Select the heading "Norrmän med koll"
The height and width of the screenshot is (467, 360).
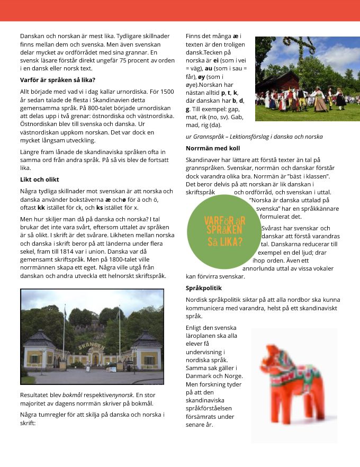[x=213, y=148]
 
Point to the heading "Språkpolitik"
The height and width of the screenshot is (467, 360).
[x=204, y=288]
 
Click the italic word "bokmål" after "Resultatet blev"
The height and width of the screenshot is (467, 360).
[x=72, y=395]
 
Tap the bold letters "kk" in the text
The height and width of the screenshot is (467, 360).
[x=41, y=208]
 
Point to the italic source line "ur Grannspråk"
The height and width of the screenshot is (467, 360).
[x=254, y=137]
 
